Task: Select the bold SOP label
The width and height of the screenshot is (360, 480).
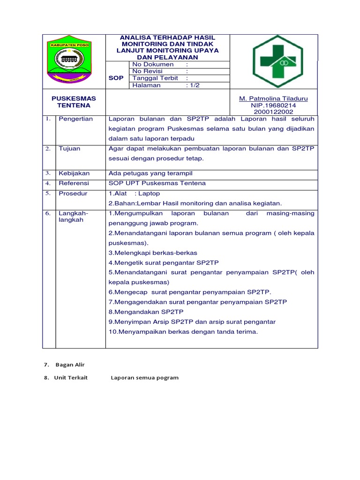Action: point(116,78)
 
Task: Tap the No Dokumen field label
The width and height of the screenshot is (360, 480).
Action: point(153,64)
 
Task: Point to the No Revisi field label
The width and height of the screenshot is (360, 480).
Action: point(147,71)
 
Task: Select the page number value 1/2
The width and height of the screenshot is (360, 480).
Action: point(193,85)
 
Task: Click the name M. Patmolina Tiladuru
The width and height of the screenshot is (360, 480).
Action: point(273,99)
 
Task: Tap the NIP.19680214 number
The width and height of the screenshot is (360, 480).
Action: point(273,105)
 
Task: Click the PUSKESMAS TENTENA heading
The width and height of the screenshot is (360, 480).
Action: point(74,102)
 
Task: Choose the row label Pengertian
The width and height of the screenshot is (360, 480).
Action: point(76,119)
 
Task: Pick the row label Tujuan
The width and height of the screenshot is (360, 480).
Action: point(69,149)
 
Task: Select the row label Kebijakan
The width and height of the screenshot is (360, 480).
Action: point(74,173)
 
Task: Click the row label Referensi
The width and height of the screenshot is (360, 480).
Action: point(74,183)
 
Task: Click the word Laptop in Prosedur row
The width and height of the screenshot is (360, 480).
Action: point(149,194)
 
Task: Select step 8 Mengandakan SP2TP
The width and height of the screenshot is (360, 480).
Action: point(146,312)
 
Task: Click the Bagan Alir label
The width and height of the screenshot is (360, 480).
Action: point(70,365)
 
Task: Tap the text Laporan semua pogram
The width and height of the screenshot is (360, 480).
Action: point(144,378)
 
